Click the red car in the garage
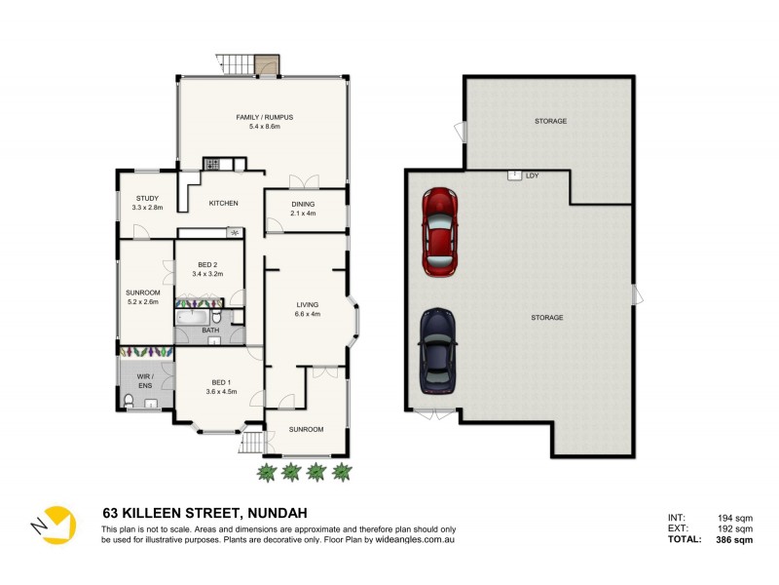439,231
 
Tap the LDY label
532,176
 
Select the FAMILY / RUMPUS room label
264,117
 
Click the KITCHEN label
223,203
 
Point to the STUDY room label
147,199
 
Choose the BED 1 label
221,381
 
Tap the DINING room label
304,204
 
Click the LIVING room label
308,305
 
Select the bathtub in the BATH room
192,318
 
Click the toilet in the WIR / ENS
130,401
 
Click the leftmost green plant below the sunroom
266,472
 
